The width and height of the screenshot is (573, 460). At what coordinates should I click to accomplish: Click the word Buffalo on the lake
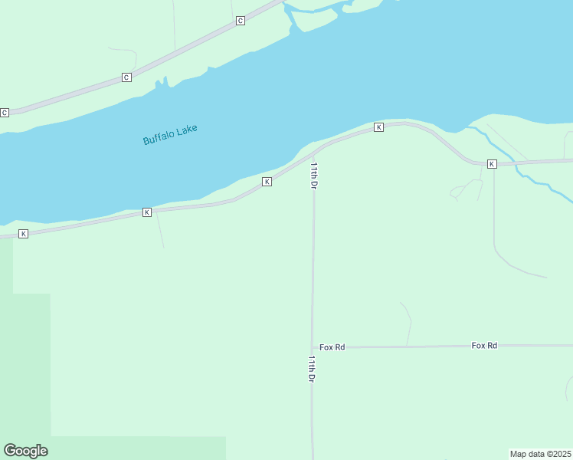(159, 138)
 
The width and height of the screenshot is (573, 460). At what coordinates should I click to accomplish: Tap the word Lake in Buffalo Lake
(187, 130)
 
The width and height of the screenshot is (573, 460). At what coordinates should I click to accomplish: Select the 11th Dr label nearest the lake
(313, 175)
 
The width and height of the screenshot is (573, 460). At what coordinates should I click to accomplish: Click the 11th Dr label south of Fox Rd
(312, 369)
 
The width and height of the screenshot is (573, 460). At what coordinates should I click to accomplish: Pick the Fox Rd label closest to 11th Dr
(332, 347)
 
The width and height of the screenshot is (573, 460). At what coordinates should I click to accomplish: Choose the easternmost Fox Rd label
(484, 346)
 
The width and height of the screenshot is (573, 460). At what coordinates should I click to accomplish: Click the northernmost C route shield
(240, 21)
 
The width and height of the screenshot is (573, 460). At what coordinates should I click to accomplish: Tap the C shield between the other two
(126, 77)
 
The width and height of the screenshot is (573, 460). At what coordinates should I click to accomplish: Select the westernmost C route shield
(5, 113)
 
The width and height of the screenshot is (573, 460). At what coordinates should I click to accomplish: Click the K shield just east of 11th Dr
(378, 127)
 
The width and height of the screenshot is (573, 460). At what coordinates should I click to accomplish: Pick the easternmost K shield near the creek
(492, 164)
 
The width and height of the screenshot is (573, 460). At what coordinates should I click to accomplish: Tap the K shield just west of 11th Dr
(267, 182)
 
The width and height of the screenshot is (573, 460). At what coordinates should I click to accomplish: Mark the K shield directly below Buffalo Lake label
(146, 212)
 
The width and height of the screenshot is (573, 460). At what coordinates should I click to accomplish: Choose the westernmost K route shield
(23, 233)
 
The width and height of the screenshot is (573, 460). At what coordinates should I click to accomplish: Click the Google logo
(25, 451)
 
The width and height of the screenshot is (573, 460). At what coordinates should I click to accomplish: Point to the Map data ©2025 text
(540, 454)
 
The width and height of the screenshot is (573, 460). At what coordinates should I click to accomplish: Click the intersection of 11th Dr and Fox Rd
(313, 347)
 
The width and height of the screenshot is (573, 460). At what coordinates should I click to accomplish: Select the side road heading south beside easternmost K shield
(494, 215)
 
